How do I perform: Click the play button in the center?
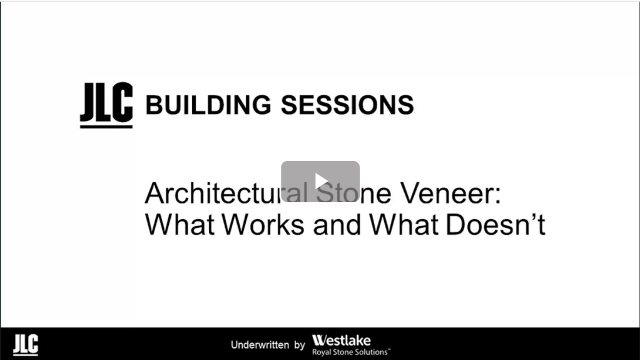[320, 182]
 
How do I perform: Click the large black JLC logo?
[106, 105]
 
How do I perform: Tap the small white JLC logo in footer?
[26, 344]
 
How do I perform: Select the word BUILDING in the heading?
[208, 105]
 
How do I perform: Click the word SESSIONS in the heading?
[347, 105]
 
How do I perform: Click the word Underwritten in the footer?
[260, 345]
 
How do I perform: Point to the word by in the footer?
[300, 346]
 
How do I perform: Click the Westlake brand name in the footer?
[342, 341]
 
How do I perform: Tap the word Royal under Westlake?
[321, 352]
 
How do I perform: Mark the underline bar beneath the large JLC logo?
[106, 126]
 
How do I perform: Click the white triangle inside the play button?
[322, 182]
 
